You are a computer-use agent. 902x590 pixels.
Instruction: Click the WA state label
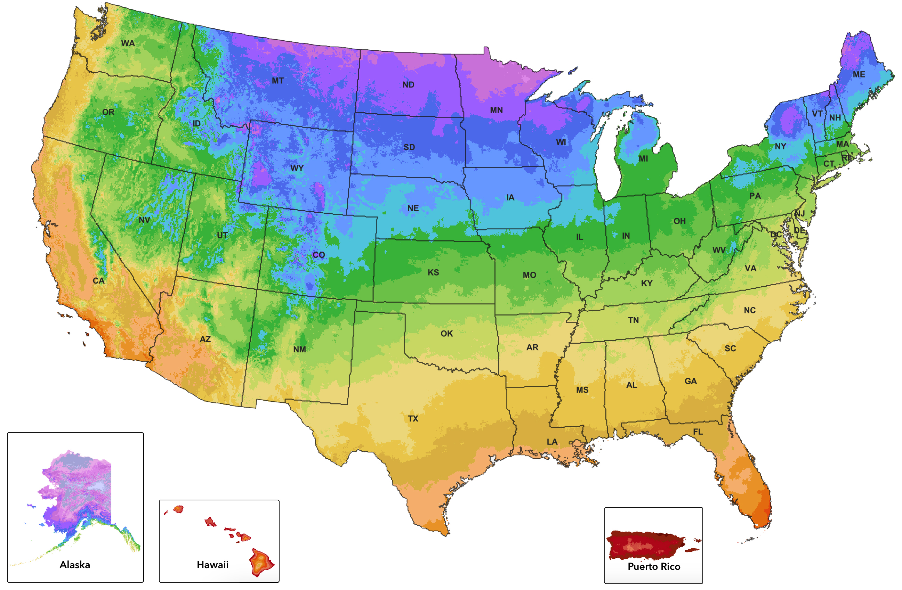(128, 43)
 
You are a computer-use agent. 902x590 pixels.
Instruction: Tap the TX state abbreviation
(413, 418)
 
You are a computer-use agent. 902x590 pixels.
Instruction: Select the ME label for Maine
(859, 75)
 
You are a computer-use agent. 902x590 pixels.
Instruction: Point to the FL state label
(698, 432)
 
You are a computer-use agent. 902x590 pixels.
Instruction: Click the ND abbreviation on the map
(408, 84)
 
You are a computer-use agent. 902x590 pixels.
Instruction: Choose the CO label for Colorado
(319, 255)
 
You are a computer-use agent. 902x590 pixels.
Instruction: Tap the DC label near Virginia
(776, 235)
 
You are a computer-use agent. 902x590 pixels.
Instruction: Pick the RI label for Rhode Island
(846, 157)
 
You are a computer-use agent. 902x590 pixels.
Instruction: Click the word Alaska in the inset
(75, 565)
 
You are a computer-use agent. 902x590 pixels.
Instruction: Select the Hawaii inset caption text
(212, 565)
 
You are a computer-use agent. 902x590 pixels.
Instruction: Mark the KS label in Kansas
(433, 272)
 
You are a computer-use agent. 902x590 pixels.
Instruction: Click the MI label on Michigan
(643, 159)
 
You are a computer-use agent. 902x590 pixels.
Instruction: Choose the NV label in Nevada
(144, 220)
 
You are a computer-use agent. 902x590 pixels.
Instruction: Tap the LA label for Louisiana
(552, 442)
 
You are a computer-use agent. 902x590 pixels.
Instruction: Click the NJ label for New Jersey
(800, 214)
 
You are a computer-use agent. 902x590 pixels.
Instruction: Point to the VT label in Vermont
(817, 114)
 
